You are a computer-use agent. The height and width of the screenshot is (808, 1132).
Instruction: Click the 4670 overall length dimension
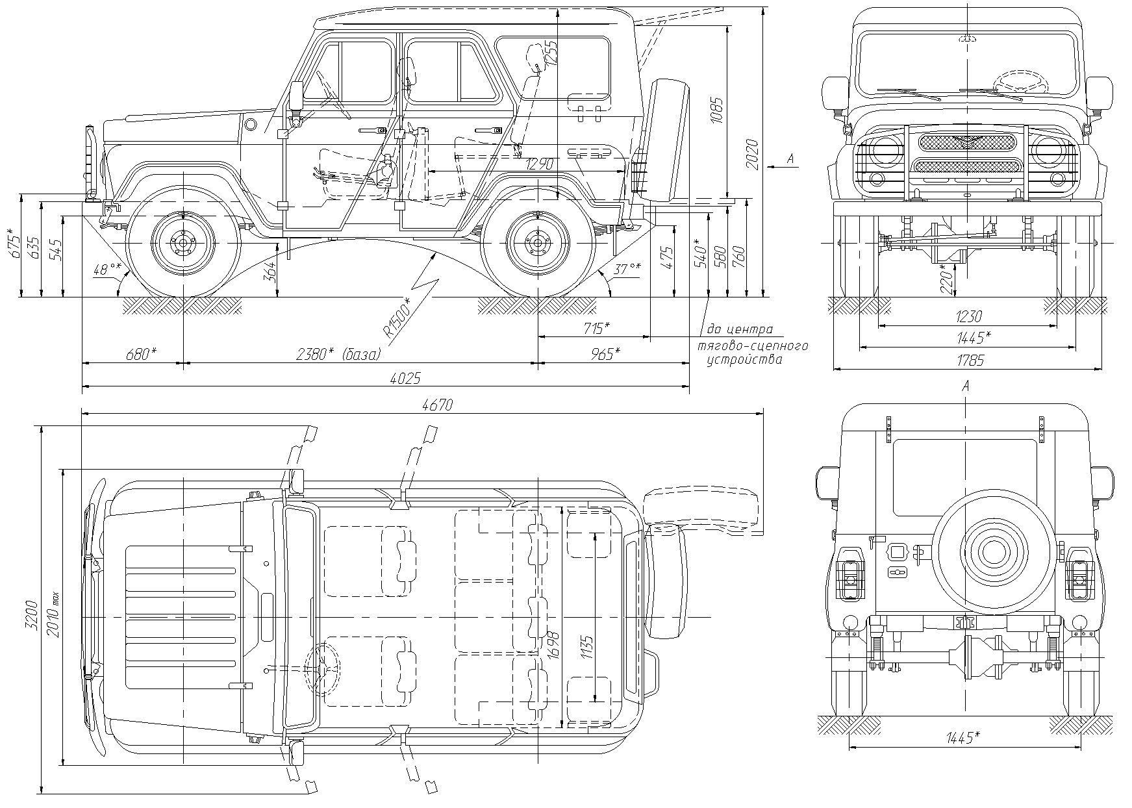point(437,405)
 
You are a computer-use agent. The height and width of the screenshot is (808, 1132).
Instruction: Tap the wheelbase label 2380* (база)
point(338,355)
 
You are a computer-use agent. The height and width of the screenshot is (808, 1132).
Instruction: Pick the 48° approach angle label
point(108,268)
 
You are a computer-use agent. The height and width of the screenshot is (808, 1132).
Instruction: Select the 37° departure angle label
point(626,268)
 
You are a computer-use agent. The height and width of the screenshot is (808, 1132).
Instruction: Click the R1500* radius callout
point(397,318)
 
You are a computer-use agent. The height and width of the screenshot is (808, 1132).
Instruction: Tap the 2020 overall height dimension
point(753,154)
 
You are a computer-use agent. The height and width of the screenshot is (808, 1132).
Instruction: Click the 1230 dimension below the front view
point(968,316)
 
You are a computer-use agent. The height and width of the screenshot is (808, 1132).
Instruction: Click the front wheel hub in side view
point(182,242)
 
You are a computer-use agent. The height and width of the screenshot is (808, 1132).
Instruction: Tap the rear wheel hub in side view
point(536,242)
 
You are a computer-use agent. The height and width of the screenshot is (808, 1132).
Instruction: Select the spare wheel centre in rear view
point(992,551)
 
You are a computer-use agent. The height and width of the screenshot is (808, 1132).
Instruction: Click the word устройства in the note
point(744,360)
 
